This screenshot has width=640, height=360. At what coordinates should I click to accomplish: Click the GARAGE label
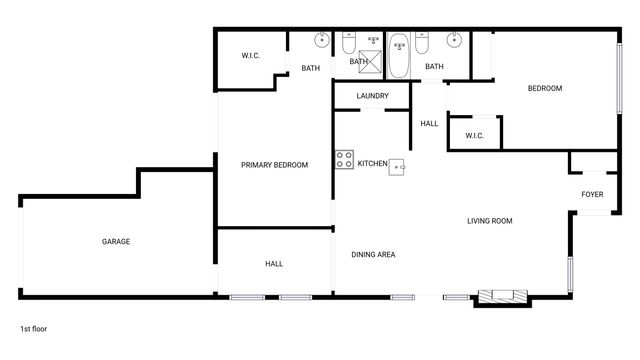point(116,241)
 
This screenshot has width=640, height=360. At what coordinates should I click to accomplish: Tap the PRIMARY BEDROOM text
point(274,165)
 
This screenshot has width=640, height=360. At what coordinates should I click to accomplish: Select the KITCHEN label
point(372,163)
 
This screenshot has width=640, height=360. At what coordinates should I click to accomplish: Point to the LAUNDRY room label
point(372,96)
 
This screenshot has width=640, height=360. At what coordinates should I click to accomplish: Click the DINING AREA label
point(373,255)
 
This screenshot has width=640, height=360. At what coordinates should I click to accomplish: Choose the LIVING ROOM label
point(489,221)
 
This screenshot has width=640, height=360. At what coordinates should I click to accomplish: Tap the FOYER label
point(592,194)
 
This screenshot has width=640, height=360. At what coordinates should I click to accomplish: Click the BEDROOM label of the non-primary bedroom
point(545,89)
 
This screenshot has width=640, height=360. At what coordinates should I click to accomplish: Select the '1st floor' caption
point(33,328)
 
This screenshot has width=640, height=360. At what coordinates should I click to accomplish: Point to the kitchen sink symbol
point(397,166)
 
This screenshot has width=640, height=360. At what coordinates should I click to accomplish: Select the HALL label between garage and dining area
point(274,264)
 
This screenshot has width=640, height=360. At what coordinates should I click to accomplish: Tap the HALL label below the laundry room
point(429,124)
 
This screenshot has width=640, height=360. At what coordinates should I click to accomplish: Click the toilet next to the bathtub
point(423,44)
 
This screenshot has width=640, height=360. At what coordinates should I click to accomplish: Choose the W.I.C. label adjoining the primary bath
point(251,56)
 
